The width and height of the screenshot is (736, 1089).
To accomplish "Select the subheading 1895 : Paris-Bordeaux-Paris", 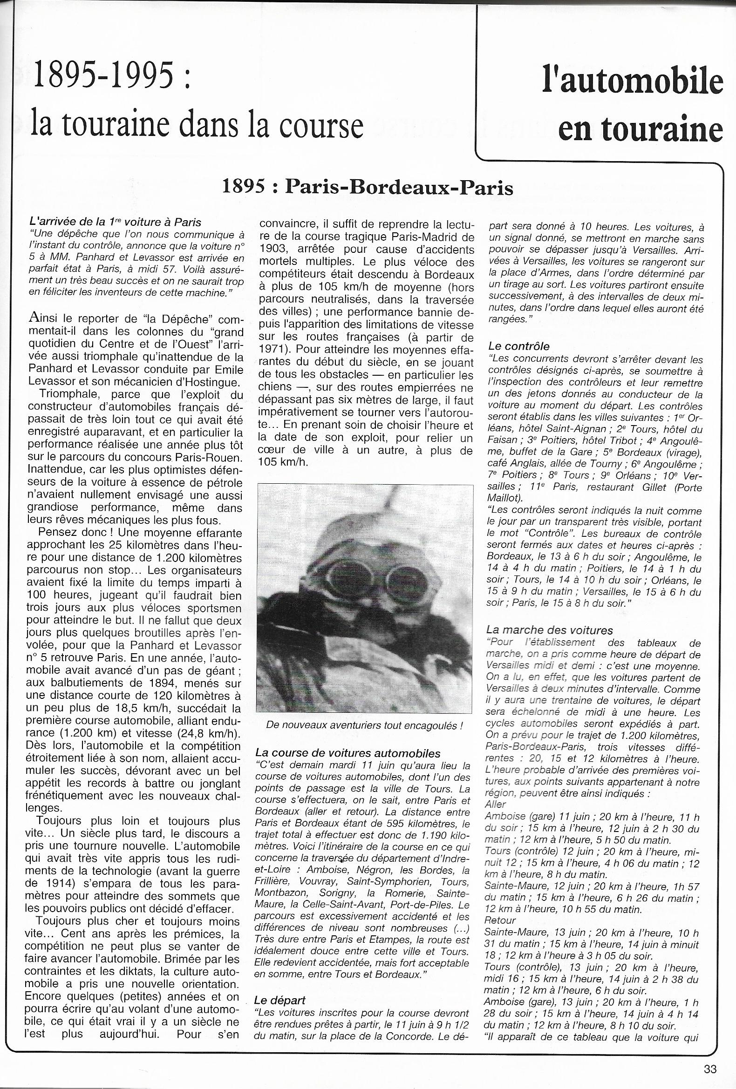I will [368, 188].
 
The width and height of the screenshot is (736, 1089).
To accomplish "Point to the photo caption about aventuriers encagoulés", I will [364, 725].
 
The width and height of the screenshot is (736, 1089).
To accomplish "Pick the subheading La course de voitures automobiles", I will [348, 753].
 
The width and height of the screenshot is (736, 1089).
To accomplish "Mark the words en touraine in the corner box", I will [641, 130].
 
